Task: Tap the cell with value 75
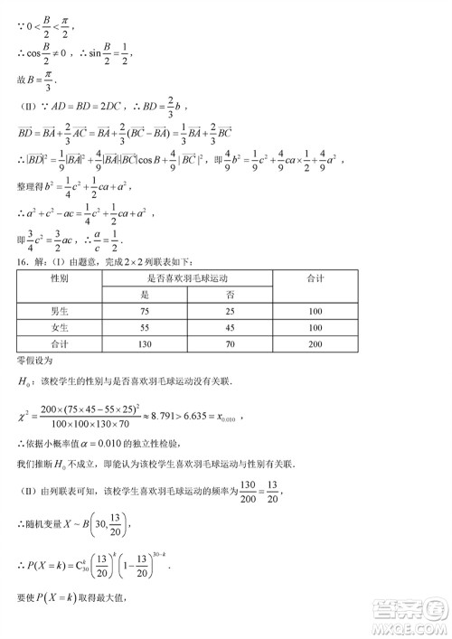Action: [x=144, y=312]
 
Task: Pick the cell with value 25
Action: [x=230, y=312]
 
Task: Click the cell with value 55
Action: [x=144, y=328]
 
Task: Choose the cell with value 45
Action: [x=230, y=328]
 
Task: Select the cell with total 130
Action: [x=144, y=344]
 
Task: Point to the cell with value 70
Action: [x=230, y=344]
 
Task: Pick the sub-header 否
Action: [x=230, y=296]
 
